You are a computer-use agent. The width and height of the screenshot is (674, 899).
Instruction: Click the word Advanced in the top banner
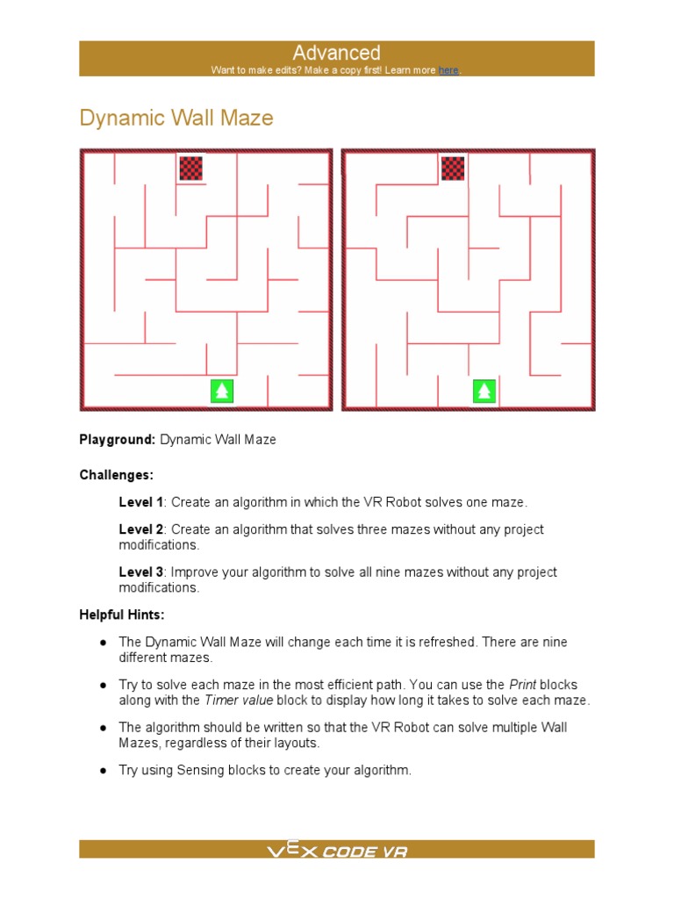tap(336, 53)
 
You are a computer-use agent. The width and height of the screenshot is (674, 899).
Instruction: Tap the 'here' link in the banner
tap(448, 70)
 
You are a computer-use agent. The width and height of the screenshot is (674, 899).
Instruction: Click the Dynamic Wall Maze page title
tap(176, 118)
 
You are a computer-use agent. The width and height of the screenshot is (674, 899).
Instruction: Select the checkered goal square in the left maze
tap(190, 168)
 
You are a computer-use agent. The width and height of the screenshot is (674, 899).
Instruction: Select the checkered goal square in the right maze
tap(453, 168)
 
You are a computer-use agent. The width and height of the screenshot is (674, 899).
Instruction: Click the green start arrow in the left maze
tap(222, 391)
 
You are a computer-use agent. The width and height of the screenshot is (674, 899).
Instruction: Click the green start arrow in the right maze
tap(484, 391)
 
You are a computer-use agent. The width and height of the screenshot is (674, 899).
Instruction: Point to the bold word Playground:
tap(118, 439)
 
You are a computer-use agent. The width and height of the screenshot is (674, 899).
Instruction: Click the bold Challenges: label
tap(116, 475)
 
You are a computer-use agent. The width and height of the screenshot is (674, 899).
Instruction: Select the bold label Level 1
tap(141, 502)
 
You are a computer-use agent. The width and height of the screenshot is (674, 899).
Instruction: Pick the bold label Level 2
tap(141, 529)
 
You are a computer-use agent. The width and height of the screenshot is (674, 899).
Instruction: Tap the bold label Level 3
tap(141, 572)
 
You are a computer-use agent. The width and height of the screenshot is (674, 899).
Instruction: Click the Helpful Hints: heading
tap(122, 615)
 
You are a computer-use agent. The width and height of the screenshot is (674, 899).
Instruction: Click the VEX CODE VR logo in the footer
tap(337, 850)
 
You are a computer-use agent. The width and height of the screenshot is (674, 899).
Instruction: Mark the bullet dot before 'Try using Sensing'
tap(103, 770)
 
